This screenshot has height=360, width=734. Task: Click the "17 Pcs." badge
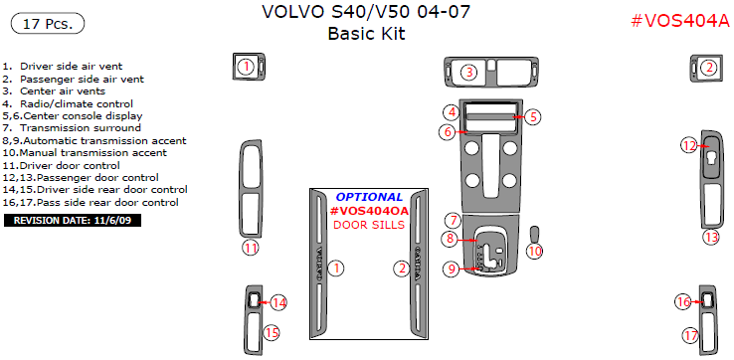[48, 24]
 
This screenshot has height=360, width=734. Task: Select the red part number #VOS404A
[680, 21]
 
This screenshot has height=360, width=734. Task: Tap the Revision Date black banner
[73, 221]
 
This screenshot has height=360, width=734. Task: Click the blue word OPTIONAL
[369, 197]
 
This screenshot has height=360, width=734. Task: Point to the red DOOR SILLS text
[369, 225]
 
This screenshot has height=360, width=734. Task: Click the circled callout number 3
[469, 72]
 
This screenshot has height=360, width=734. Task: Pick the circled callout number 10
[535, 251]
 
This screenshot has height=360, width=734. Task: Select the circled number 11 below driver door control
[251, 248]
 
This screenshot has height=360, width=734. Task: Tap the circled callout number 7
[453, 220]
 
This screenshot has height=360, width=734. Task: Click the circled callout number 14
[279, 302]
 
